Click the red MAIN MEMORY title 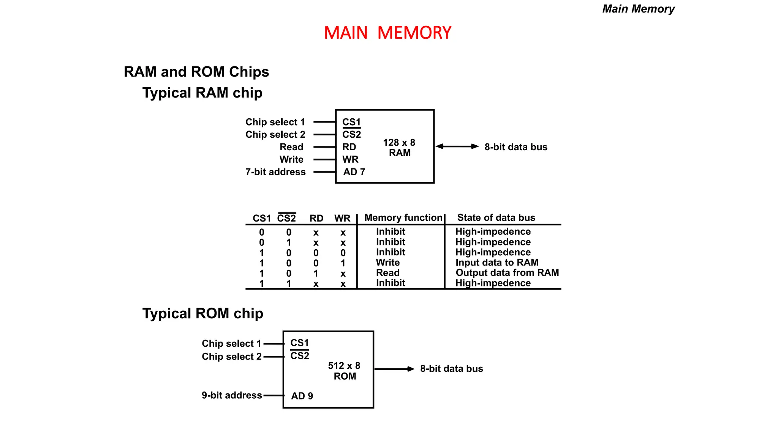coord(387,33)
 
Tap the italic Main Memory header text coord(638,9)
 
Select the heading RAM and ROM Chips coord(196,72)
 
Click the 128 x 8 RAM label coord(399,148)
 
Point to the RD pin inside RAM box coord(349,147)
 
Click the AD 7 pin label coord(354,172)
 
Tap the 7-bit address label coord(275,172)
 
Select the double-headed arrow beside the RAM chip coord(457,146)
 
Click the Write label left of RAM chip coord(291,159)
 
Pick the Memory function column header coord(403,218)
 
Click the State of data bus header coord(496,218)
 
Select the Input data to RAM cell coord(497,263)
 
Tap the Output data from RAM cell coord(507,273)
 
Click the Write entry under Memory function coord(388,263)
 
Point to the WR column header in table coord(342,218)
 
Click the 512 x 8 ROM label coord(344,371)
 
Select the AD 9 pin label coord(302,396)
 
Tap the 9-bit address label coord(232,395)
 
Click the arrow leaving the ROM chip coord(394,369)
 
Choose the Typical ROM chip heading coord(202,313)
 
